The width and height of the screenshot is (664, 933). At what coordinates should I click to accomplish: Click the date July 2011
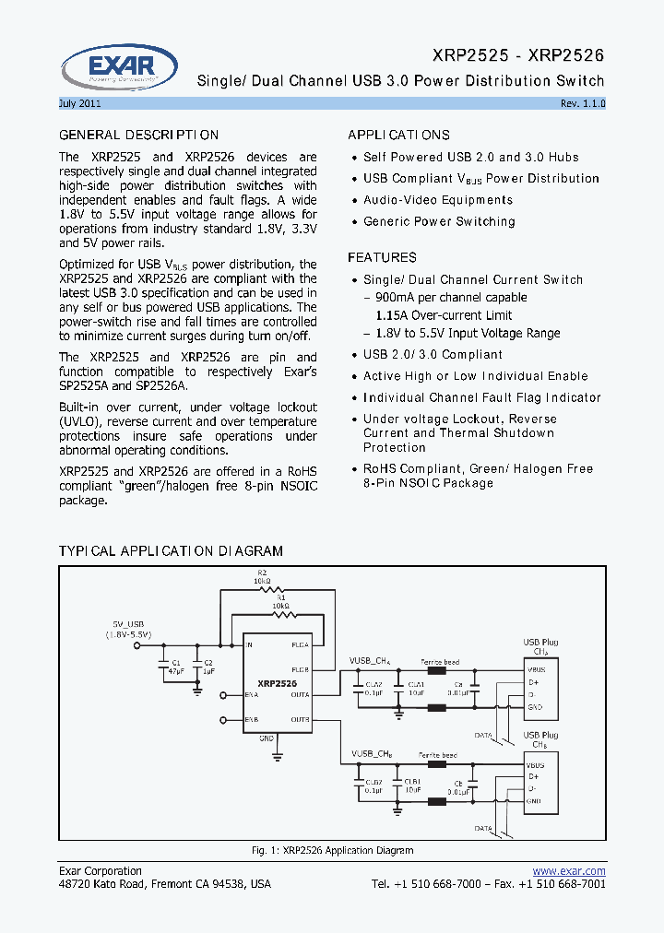(x=80, y=103)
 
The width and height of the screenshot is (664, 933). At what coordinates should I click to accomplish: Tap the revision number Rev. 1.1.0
(x=583, y=103)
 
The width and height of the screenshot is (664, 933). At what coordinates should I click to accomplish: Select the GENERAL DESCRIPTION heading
(x=139, y=136)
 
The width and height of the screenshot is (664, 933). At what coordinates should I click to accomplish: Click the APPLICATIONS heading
(x=398, y=135)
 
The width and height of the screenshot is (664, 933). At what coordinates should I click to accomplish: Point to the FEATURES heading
(x=382, y=257)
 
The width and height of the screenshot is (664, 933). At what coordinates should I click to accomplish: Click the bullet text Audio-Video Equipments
(x=438, y=200)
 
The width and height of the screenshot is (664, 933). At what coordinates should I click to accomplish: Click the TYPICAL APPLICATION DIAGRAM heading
(x=171, y=551)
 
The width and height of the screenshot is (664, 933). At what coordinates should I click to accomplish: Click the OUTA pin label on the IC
(x=300, y=694)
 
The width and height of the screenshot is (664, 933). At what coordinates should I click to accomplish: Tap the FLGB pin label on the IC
(x=300, y=669)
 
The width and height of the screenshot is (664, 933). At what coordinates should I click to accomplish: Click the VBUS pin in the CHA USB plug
(x=536, y=670)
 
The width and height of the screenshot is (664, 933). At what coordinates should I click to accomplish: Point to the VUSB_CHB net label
(x=372, y=753)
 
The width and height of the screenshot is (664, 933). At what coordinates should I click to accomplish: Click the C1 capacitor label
(x=165, y=662)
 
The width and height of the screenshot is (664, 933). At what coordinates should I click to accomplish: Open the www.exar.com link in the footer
(x=569, y=871)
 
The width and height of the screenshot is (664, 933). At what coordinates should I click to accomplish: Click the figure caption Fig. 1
(x=332, y=850)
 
